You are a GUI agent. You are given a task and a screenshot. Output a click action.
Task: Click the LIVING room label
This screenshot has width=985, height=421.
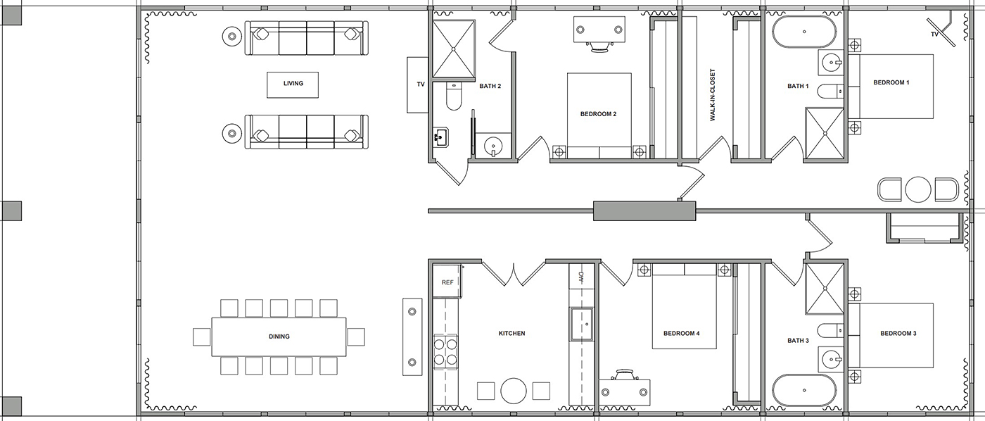click(x=293, y=84)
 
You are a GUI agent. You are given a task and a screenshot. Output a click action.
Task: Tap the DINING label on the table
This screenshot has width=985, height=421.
click(x=279, y=337)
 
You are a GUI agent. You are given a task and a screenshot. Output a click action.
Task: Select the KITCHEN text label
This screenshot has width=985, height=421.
click(x=511, y=334)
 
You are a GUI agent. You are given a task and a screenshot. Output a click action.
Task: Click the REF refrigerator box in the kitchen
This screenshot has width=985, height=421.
click(x=447, y=282)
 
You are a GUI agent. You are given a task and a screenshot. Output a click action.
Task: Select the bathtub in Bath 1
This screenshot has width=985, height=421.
click(x=806, y=32)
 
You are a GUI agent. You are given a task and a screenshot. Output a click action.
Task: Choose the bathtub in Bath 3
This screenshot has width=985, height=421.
click(x=806, y=389)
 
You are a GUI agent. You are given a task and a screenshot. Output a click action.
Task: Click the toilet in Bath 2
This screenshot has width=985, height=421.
click(x=452, y=96)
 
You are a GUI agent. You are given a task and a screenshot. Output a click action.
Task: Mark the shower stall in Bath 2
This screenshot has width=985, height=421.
click(x=454, y=49)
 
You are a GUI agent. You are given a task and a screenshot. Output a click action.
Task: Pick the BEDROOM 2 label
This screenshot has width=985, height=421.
click(x=598, y=114)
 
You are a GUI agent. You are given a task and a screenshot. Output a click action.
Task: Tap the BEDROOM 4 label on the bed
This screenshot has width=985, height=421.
click(x=681, y=334)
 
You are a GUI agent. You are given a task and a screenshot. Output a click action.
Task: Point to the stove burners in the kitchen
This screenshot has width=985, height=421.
click(x=445, y=351)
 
